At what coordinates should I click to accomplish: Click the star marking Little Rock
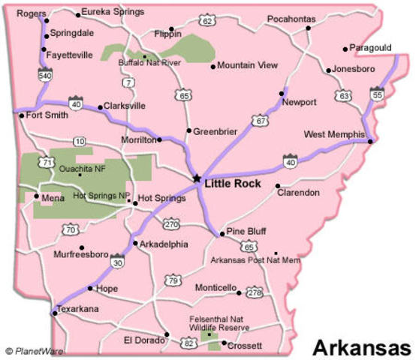coord(197,178)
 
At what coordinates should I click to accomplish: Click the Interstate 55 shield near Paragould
coord(376,93)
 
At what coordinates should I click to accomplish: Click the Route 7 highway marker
coord(129,82)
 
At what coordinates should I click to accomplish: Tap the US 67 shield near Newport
coord(260,119)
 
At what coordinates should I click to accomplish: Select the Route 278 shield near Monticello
coord(254,292)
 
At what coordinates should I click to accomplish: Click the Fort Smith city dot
coord(22,115)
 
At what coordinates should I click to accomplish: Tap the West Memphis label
coord(334,134)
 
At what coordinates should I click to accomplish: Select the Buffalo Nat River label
coord(150,63)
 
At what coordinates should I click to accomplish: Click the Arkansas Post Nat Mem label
coord(255,260)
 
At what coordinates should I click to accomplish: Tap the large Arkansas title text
coord(361,347)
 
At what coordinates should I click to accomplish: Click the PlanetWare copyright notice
coord(33,350)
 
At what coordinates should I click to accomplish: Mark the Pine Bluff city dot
coord(222,235)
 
